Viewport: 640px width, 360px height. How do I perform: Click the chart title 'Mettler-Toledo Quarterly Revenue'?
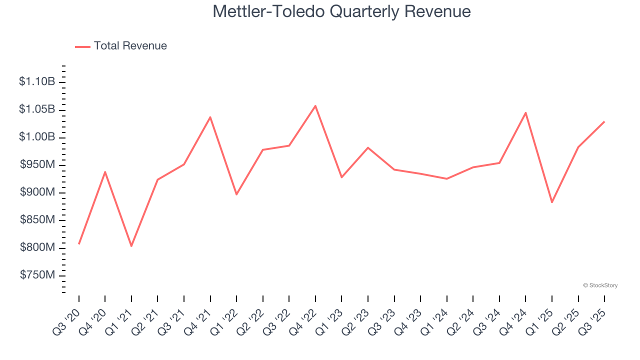click(341, 11)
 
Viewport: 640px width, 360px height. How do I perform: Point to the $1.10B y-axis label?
click(37, 81)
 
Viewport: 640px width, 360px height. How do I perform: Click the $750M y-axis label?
click(37, 275)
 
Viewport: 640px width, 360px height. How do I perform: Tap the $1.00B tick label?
click(37, 137)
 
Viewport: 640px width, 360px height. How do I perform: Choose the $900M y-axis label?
click(37, 192)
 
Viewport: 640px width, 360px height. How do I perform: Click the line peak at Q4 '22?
click(315, 105)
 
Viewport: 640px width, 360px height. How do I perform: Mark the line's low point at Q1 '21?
click(131, 246)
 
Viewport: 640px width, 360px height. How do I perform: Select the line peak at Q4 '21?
click(210, 117)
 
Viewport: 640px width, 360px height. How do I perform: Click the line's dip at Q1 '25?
click(552, 202)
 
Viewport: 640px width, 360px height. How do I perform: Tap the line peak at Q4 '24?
click(525, 112)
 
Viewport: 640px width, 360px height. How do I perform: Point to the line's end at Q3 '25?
click(604, 121)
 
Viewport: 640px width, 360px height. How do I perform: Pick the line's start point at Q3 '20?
click(79, 243)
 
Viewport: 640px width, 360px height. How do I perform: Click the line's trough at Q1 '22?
click(236, 194)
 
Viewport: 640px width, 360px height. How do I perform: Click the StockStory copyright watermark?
click(600, 285)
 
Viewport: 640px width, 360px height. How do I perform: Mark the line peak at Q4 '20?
click(105, 172)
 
